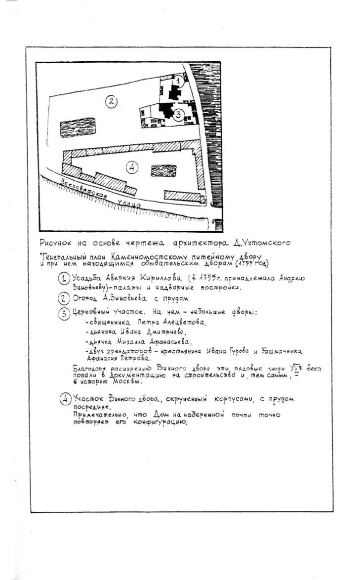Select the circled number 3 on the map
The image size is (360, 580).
point(179,113)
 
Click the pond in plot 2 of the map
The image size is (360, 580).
point(78,127)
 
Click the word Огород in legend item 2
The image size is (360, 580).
point(85,298)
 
